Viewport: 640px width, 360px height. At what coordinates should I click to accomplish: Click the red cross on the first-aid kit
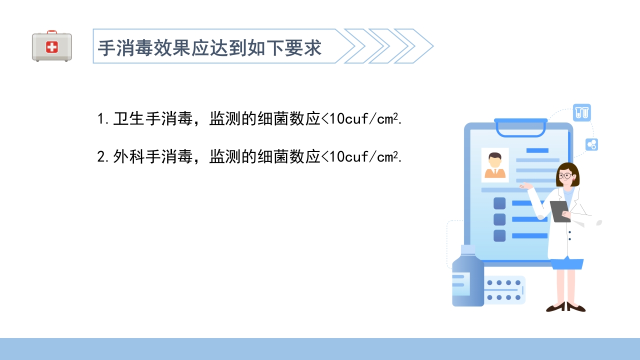(52, 47)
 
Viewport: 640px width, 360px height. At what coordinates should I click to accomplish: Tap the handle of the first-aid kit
(52, 32)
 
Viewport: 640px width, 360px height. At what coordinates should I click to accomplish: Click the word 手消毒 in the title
(120, 48)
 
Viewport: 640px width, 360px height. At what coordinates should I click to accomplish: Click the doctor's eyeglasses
(566, 175)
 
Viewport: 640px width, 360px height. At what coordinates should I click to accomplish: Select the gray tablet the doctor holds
(559, 211)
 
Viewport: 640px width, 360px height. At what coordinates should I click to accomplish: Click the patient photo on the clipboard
(494, 164)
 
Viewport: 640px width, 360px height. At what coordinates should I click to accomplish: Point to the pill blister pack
(504, 290)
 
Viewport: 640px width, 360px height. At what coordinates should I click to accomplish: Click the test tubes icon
(582, 112)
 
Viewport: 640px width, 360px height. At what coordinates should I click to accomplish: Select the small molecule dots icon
(592, 145)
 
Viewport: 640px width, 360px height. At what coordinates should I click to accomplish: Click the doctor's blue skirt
(567, 263)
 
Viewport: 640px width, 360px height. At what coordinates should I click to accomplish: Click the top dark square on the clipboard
(499, 203)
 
